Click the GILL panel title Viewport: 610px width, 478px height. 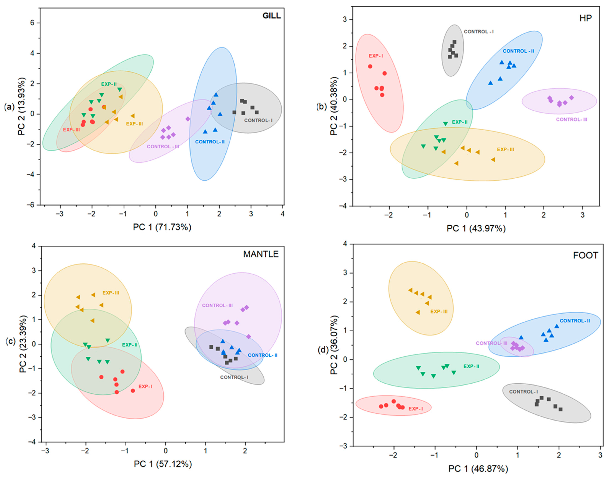(x=271, y=16)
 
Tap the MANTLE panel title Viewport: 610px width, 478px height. (x=261, y=254)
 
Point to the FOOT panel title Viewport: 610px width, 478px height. (x=585, y=255)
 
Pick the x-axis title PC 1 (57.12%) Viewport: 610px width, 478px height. (x=163, y=464)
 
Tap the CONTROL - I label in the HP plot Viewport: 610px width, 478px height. (x=479, y=32)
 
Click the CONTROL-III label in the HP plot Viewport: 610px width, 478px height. (x=571, y=119)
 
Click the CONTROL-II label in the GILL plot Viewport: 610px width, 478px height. (x=210, y=142)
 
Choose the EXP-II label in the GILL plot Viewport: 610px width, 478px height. (x=109, y=84)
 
